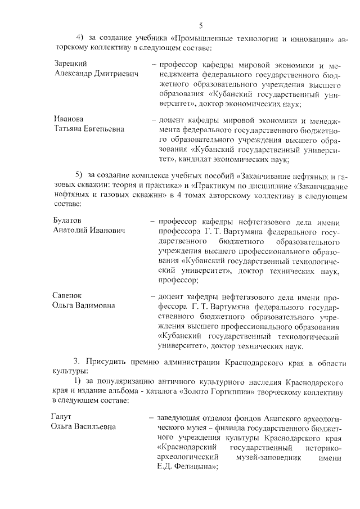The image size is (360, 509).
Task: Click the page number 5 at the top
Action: pyautogui.click(x=200, y=25)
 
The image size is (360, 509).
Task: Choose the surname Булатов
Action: pyautogui.click(x=67, y=220)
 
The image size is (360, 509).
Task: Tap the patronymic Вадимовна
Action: pyautogui.click(x=96, y=305)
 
